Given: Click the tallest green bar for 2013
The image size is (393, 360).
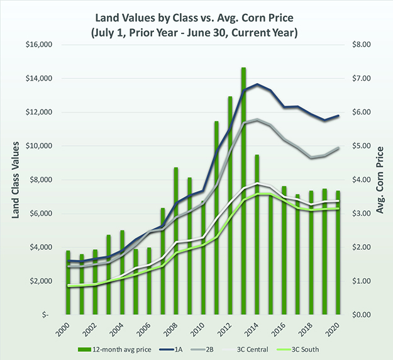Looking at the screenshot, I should click(243, 189).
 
